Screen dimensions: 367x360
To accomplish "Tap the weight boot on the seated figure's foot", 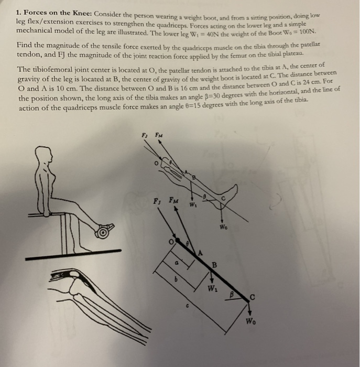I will click(104, 229).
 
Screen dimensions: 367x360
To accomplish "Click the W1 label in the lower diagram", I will click(212, 288).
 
